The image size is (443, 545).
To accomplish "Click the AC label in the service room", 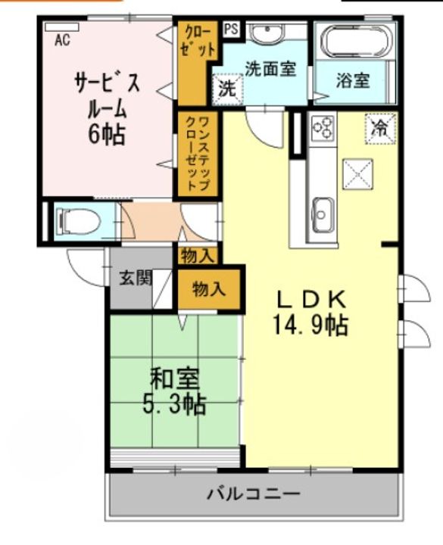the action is click(63, 40).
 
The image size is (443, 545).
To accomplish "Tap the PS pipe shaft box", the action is click(231, 30).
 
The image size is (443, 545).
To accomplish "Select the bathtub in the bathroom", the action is click(355, 41).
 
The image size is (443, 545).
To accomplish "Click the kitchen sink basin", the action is click(323, 215).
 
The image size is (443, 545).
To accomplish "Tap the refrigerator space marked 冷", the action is click(380, 128).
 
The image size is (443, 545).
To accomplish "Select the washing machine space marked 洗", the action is click(228, 89).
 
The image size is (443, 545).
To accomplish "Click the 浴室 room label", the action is click(353, 80).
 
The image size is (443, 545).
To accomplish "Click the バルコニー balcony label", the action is click(254, 494).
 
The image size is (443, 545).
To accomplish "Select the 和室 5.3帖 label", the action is click(174, 391).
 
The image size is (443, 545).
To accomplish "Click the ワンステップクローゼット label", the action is click(198, 153).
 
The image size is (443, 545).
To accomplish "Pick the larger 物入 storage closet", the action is click(209, 289).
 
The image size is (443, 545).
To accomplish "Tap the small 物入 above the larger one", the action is click(198, 256).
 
